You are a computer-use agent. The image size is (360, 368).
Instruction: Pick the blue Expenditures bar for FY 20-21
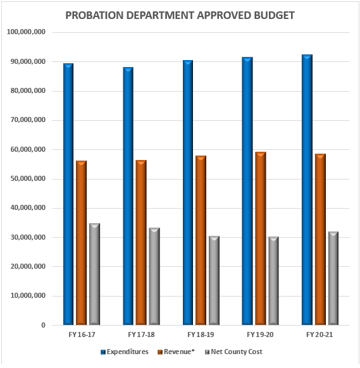(x=307, y=190)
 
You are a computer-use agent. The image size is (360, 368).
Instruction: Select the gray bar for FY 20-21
(x=333, y=278)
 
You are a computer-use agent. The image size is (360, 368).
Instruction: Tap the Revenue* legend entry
(x=181, y=352)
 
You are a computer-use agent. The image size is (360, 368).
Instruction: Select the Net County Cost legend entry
(x=236, y=352)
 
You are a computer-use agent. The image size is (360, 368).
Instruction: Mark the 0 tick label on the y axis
(x=42, y=326)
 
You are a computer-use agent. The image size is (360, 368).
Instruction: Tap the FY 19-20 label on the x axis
(x=260, y=334)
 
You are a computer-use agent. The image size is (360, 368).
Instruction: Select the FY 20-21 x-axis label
(x=320, y=334)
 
